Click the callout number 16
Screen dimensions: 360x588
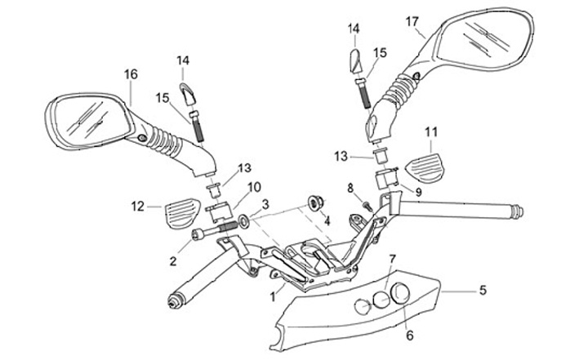click(131, 74)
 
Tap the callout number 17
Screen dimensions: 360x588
click(412, 20)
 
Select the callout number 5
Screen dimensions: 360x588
click(483, 290)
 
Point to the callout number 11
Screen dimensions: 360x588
click(431, 131)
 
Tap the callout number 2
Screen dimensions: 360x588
click(173, 261)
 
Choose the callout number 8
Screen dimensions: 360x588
click(351, 189)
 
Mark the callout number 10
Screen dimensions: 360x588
click(232, 187)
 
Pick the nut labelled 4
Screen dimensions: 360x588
click(312, 202)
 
